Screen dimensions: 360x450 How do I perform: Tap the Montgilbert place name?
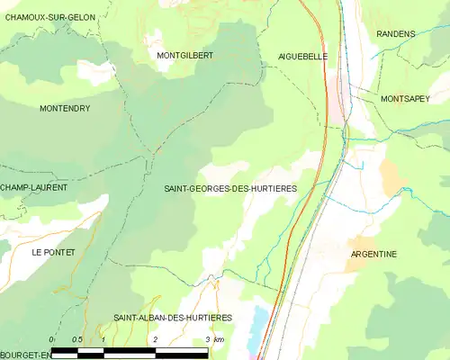(184, 56)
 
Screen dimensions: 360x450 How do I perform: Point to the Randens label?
(397, 34)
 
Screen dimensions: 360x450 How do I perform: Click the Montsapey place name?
(406, 98)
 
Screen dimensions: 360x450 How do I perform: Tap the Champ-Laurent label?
(37, 187)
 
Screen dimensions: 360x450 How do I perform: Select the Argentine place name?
(373, 254)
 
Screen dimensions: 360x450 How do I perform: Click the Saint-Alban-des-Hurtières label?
(173, 318)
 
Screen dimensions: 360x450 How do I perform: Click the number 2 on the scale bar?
(156, 339)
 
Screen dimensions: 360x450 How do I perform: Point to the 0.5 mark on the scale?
(77, 339)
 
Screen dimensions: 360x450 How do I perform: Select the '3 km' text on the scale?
(214, 339)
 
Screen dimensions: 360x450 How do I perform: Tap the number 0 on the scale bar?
(52, 339)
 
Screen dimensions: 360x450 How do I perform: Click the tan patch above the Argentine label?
(392, 175)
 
